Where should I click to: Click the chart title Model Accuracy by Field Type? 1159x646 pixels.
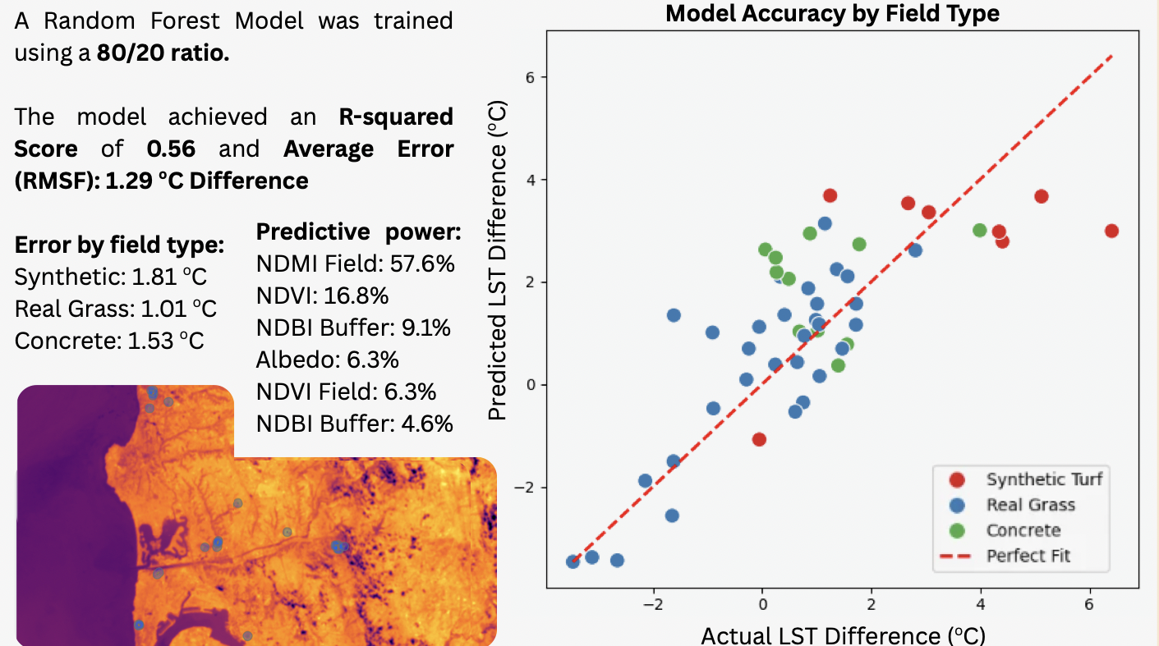click(832, 13)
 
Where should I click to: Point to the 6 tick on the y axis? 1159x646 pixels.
click(530, 78)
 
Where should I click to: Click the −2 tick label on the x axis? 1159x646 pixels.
click(653, 604)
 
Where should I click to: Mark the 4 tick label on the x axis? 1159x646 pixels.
click(981, 604)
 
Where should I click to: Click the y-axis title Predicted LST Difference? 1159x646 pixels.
click(497, 260)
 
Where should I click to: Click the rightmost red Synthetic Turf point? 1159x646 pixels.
click(1111, 231)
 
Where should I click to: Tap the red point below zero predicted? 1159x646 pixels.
click(759, 440)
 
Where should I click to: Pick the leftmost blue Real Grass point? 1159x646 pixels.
click(573, 561)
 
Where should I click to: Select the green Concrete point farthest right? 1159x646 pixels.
click(979, 231)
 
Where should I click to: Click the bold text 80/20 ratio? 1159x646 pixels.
click(163, 53)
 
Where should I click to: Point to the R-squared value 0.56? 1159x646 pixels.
click(172, 149)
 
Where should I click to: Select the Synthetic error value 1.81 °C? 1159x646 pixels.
click(169, 277)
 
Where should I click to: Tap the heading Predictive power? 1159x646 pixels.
click(359, 231)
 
